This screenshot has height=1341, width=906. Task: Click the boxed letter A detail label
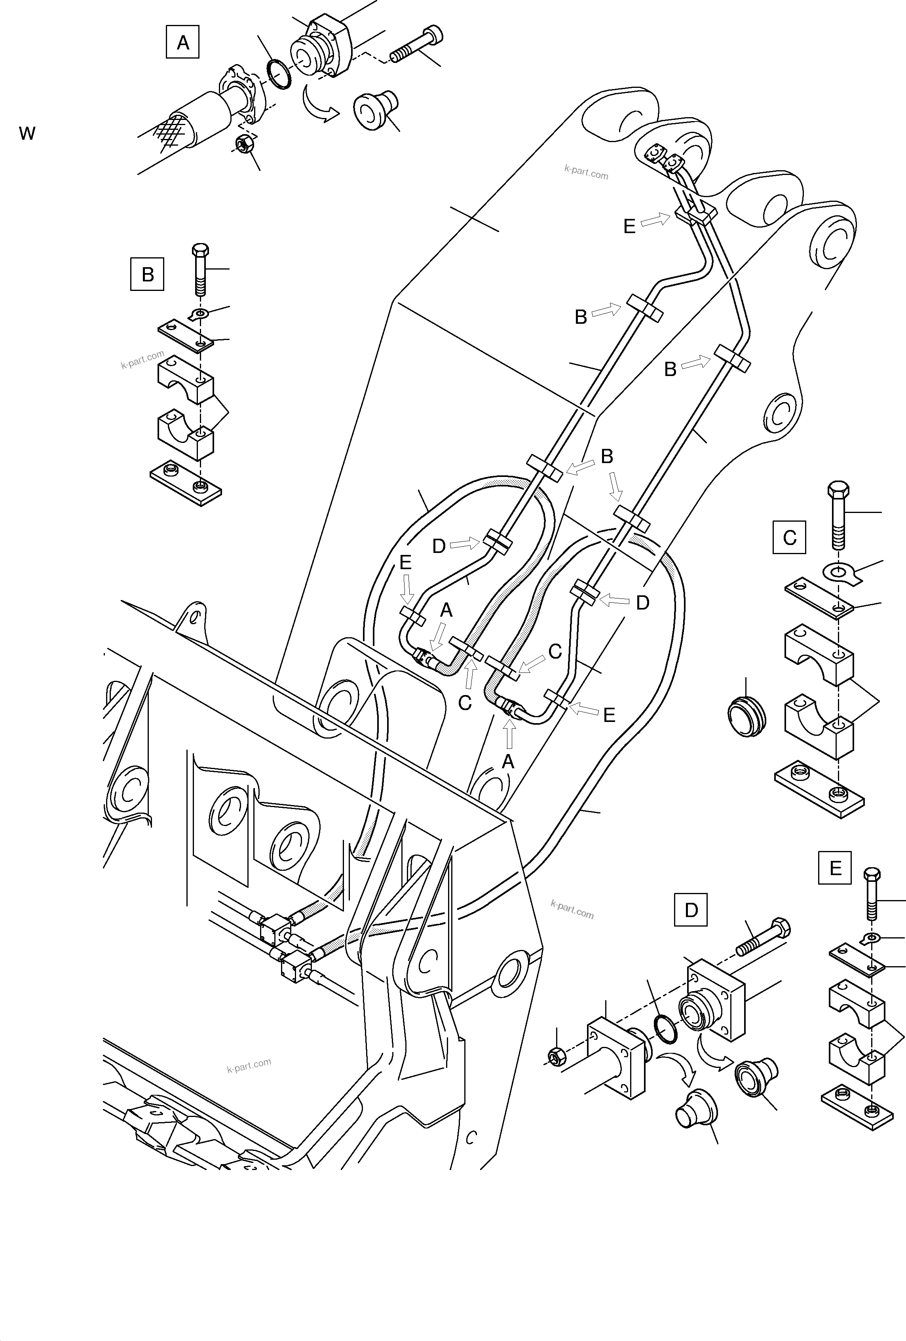182,42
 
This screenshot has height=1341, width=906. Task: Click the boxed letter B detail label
147,274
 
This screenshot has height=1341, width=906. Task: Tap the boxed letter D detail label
691,910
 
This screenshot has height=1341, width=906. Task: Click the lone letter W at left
27,134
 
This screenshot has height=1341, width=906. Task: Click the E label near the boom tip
629,226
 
